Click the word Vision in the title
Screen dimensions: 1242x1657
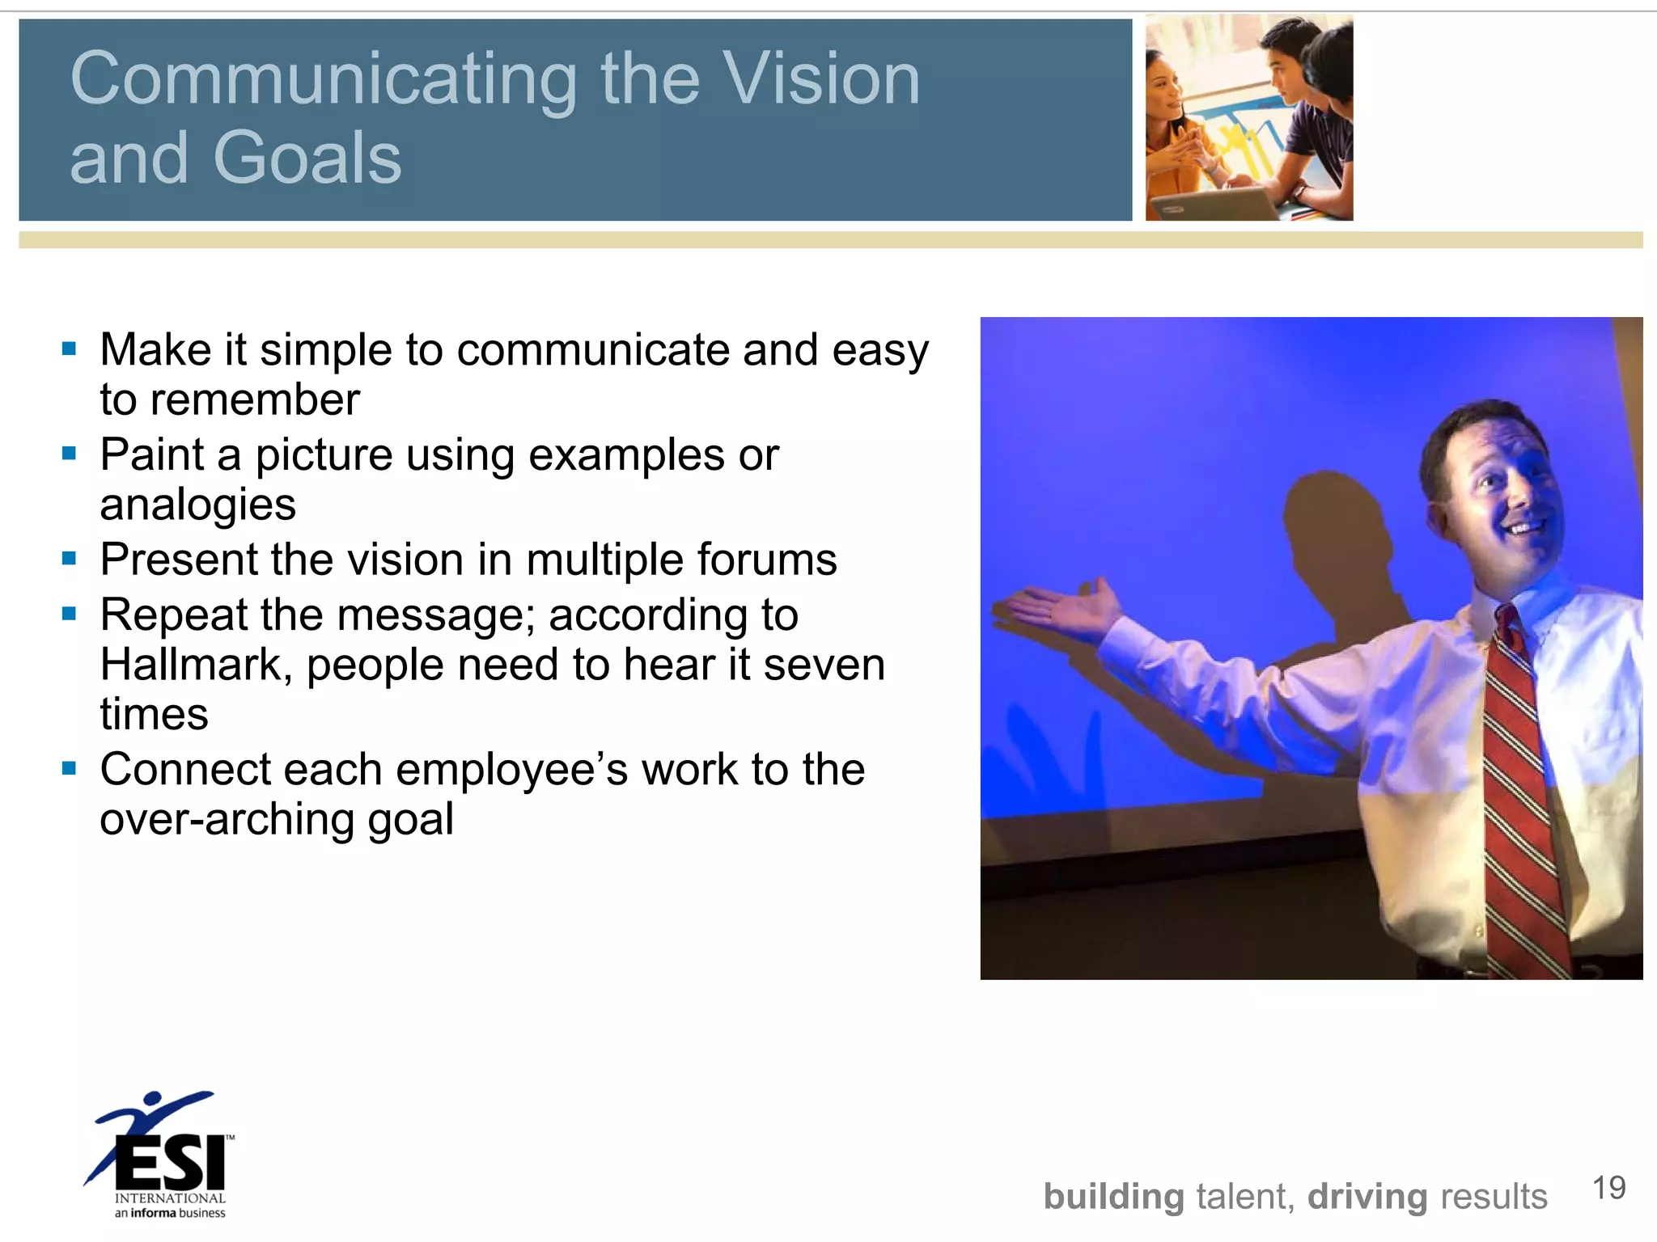(x=820, y=78)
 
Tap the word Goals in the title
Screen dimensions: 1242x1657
(x=307, y=158)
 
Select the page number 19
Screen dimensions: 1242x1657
(x=1608, y=1188)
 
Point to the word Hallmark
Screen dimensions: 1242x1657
(x=191, y=665)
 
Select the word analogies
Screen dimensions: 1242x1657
(x=197, y=505)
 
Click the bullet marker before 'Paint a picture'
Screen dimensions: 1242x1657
(x=69, y=454)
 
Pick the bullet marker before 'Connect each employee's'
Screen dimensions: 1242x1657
(x=69, y=768)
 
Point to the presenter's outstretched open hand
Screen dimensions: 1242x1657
(x=1060, y=606)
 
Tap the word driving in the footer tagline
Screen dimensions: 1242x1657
(x=1367, y=1197)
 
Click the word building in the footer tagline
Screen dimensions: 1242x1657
(x=1113, y=1197)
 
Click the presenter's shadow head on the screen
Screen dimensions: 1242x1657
(x=1327, y=517)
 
